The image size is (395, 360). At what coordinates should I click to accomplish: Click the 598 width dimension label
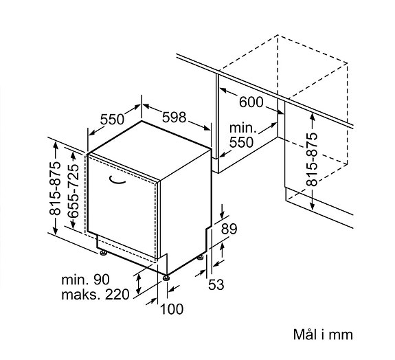click(174, 117)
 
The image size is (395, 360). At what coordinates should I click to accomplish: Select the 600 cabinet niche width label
click(251, 102)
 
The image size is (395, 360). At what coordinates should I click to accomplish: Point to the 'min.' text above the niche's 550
click(242, 128)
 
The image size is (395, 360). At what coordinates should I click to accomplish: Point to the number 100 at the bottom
click(172, 309)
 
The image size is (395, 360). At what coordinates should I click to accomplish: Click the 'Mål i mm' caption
click(322, 335)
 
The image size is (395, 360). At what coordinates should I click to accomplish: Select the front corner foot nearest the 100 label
click(166, 277)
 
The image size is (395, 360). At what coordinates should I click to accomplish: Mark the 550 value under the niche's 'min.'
click(241, 143)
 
